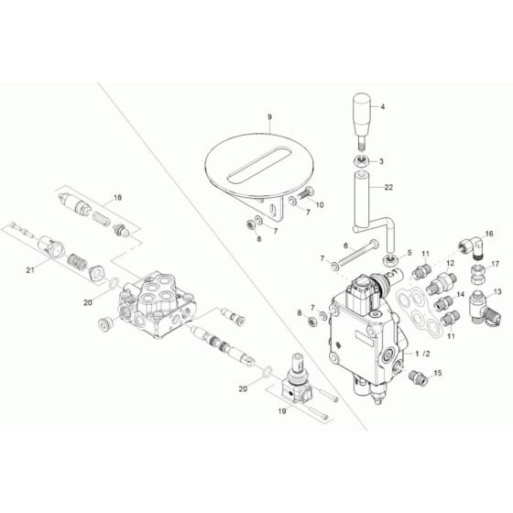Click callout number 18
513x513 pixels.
pos(116,198)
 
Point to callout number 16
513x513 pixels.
pos(488,235)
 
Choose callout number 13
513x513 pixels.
pos(498,291)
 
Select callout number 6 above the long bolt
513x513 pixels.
pos(345,246)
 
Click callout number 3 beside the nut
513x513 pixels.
pos(382,161)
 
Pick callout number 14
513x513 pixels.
pos(461,295)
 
